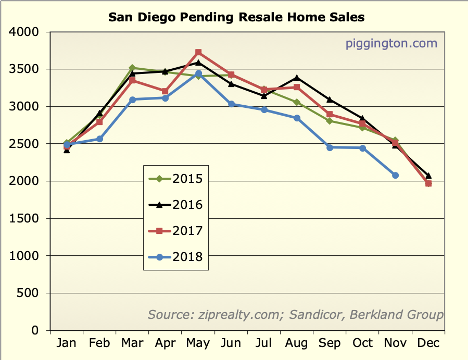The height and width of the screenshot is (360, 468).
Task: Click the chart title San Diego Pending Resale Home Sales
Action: pos(236,17)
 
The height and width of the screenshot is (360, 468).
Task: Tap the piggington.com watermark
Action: pos(391,43)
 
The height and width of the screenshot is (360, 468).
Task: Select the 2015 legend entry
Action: pos(176,180)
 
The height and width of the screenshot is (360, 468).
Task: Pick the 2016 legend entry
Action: pos(176,205)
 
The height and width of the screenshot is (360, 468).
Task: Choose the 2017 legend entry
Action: pos(176,231)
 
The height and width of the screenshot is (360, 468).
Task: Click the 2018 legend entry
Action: pos(176,256)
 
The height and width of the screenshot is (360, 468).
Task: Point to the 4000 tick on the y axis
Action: pos(24,32)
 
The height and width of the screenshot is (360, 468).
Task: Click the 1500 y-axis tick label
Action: pos(24,219)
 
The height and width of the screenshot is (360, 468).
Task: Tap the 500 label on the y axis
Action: pos(29,293)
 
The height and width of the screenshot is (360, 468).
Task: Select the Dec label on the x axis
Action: pos(428,343)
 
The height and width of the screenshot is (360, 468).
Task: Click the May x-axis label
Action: pos(198,343)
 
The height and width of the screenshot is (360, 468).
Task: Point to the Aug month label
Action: pos(297,343)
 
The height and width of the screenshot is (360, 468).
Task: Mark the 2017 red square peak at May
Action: pos(198,52)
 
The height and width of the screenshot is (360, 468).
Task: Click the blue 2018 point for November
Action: pos(396,176)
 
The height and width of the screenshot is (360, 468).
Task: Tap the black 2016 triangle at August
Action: pos(297,78)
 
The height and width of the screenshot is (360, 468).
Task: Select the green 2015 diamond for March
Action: pos(132,68)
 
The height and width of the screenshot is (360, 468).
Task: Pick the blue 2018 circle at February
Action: pos(99,139)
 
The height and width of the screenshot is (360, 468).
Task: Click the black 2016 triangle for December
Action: pos(428,176)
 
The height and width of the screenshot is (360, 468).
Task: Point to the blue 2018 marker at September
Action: pos(330,147)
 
